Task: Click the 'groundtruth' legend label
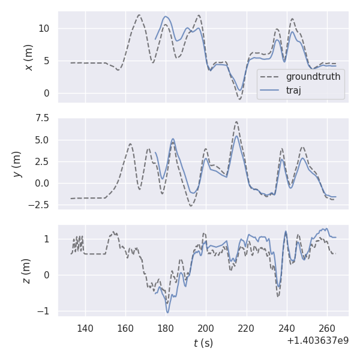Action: tap(313, 77)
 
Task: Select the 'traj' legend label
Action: tap(293, 90)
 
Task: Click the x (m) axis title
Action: tap(28, 57)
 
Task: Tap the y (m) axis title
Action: tap(17, 163)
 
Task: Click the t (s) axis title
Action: tap(203, 343)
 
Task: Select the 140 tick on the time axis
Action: tap(85, 328)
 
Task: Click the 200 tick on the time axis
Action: tap(206, 328)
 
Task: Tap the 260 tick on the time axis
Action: tap(327, 328)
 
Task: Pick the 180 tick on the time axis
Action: tap(166, 328)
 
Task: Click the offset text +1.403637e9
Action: tap(317, 340)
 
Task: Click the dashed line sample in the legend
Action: tap(271, 77)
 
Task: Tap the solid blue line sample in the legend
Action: tap(271, 90)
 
